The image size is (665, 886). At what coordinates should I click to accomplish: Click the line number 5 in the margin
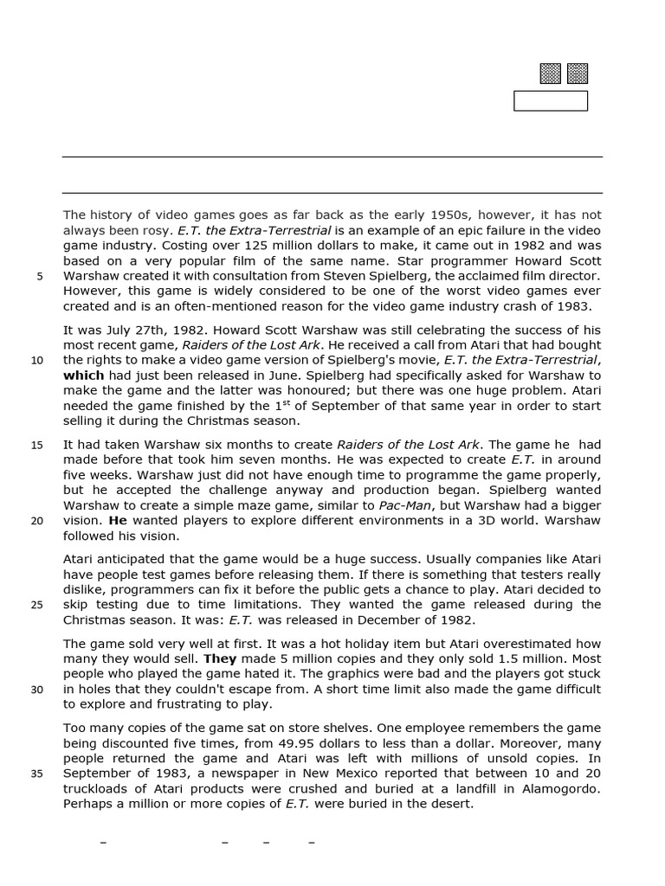point(39,277)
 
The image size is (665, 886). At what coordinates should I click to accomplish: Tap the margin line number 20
point(37,522)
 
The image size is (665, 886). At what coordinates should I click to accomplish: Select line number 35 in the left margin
point(37,774)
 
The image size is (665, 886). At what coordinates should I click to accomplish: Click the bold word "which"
point(83,376)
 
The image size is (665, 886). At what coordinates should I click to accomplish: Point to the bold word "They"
point(220,658)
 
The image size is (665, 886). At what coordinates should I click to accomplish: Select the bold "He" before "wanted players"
point(118,521)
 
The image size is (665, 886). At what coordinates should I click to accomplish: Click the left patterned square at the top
point(550,74)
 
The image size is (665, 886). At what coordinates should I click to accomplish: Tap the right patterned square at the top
point(578,74)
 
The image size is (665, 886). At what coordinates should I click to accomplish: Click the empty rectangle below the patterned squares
point(551,101)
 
